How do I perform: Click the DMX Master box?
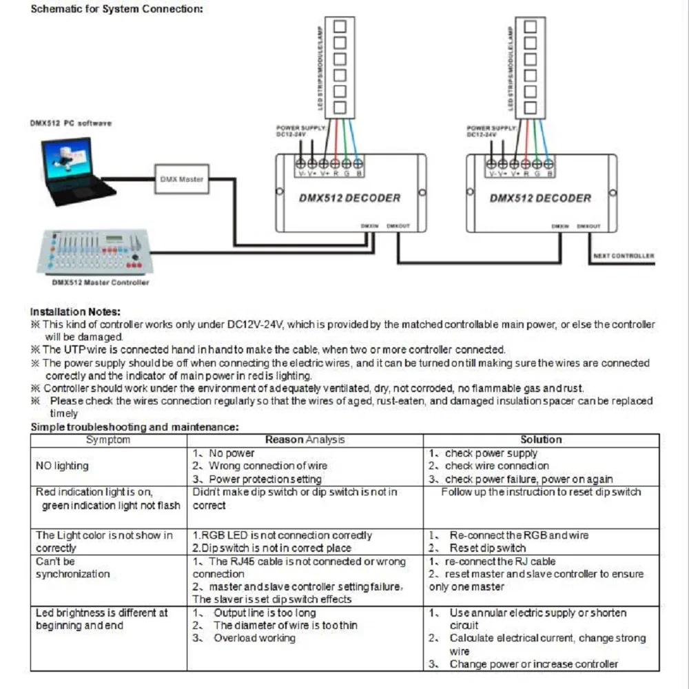point(181,179)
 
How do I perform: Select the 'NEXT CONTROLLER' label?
point(624,256)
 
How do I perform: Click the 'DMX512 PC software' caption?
point(70,123)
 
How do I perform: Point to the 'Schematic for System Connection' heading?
point(117,9)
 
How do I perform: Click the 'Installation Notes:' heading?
point(76,311)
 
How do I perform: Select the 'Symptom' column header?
point(108,440)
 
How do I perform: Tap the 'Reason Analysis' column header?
point(305,440)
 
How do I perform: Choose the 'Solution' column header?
point(541,440)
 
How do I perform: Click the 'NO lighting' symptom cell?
point(62,466)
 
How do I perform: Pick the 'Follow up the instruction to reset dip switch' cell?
point(541,492)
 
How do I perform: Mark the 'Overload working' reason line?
point(254,638)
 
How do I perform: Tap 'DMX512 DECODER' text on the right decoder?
point(540,198)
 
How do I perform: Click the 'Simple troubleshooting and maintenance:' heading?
point(134,427)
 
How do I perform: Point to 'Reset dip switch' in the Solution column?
point(488,548)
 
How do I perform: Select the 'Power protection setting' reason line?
point(265,479)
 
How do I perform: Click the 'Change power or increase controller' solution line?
point(533,664)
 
